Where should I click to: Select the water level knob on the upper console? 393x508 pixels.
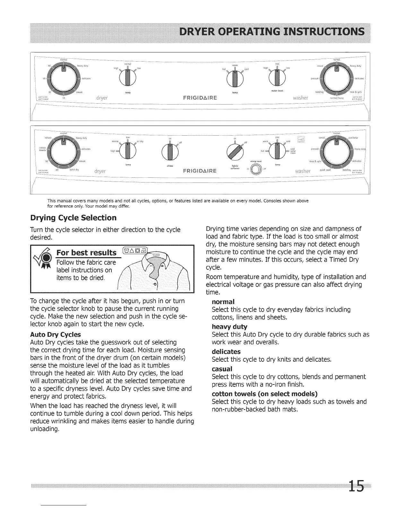click(277, 78)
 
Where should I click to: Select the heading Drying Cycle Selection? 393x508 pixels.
click(73, 218)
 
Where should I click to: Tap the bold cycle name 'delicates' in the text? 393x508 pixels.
click(226, 351)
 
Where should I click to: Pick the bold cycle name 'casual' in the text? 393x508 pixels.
click(222, 368)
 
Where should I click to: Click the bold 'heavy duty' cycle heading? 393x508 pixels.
click(230, 326)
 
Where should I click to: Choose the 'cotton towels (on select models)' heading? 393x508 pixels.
click(265, 394)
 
